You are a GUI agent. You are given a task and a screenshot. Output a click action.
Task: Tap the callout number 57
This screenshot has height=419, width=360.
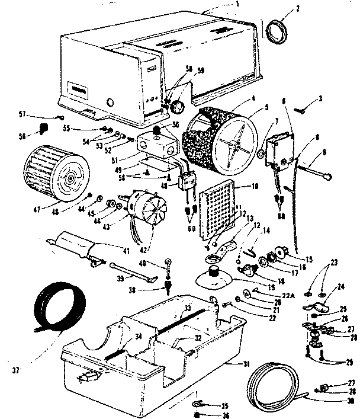(x=38, y=114)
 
